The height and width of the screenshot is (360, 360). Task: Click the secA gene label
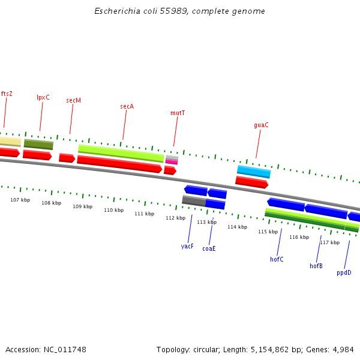(x=127, y=106)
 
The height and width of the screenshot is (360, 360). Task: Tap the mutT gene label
(x=178, y=113)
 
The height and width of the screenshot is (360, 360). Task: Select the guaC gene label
(x=261, y=125)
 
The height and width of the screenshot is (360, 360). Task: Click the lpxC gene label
(x=43, y=97)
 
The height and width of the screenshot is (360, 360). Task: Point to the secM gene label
(x=73, y=100)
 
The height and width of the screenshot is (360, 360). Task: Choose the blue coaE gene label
(x=209, y=248)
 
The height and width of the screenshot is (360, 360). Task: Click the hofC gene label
(x=277, y=259)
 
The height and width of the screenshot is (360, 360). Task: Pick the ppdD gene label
(x=344, y=272)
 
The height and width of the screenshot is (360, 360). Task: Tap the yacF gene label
(x=187, y=246)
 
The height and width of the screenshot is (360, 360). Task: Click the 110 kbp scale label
(x=113, y=210)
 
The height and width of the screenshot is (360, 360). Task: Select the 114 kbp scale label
(x=237, y=227)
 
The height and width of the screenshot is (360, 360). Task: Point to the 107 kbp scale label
(x=20, y=200)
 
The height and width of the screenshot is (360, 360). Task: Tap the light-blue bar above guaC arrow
(x=254, y=172)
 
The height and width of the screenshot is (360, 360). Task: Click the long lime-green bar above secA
(x=121, y=152)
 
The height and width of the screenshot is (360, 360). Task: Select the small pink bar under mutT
(x=172, y=162)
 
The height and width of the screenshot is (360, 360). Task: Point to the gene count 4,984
(x=343, y=349)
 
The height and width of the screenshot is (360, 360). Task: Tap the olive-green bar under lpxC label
(x=38, y=144)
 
